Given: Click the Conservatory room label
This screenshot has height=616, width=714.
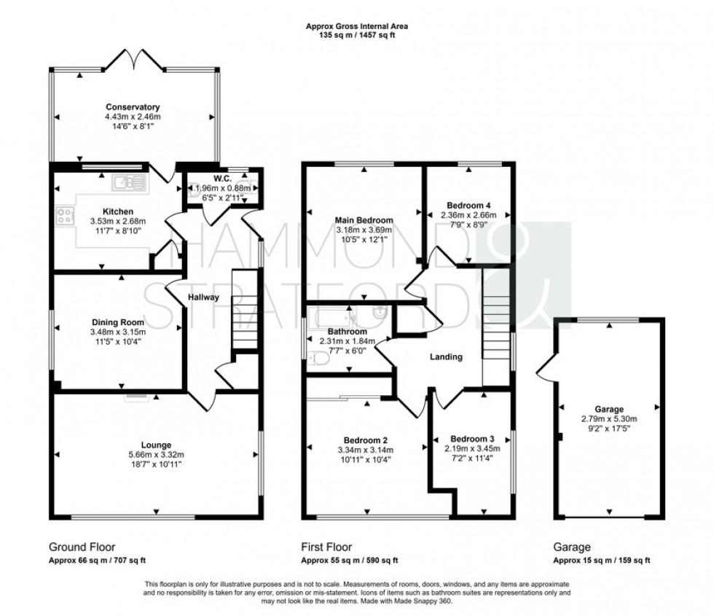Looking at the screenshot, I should (x=132, y=107).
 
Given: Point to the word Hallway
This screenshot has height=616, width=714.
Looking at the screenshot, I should (x=202, y=297).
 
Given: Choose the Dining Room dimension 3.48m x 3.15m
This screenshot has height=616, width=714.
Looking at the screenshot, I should (x=117, y=333).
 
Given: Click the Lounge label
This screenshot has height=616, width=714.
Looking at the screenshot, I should (x=156, y=445).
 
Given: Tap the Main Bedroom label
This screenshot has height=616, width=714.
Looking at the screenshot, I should (x=364, y=220).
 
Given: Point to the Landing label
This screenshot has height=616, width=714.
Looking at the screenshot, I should (x=446, y=357).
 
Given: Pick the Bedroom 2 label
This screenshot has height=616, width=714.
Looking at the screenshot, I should (x=365, y=440).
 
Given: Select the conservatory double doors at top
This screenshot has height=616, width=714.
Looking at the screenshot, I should (x=132, y=61).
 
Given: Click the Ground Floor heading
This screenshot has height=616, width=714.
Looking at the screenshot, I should (x=82, y=547).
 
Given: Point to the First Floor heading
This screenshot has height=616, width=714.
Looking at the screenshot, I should (x=326, y=547).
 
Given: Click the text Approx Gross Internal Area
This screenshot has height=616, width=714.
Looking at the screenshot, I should (x=356, y=26).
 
